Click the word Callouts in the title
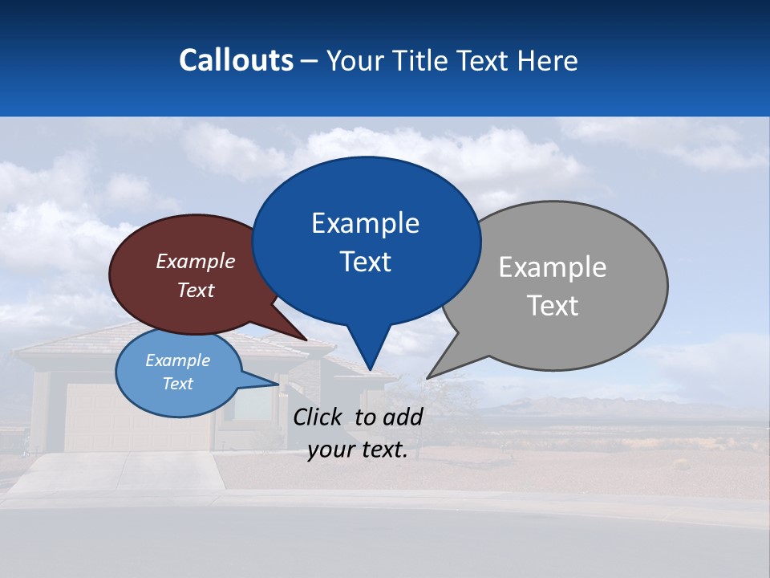point(236,60)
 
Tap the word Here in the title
point(548,60)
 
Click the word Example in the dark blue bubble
point(365,223)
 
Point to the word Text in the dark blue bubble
point(365,262)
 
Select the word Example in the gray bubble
point(553,267)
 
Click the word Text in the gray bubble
point(553,306)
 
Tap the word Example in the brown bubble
point(196,261)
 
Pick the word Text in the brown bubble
point(196,290)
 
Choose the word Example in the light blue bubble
point(177,360)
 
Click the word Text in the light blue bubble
point(177,384)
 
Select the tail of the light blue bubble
point(269,383)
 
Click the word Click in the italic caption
point(318,417)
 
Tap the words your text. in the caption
point(357,450)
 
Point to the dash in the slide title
point(310,61)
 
